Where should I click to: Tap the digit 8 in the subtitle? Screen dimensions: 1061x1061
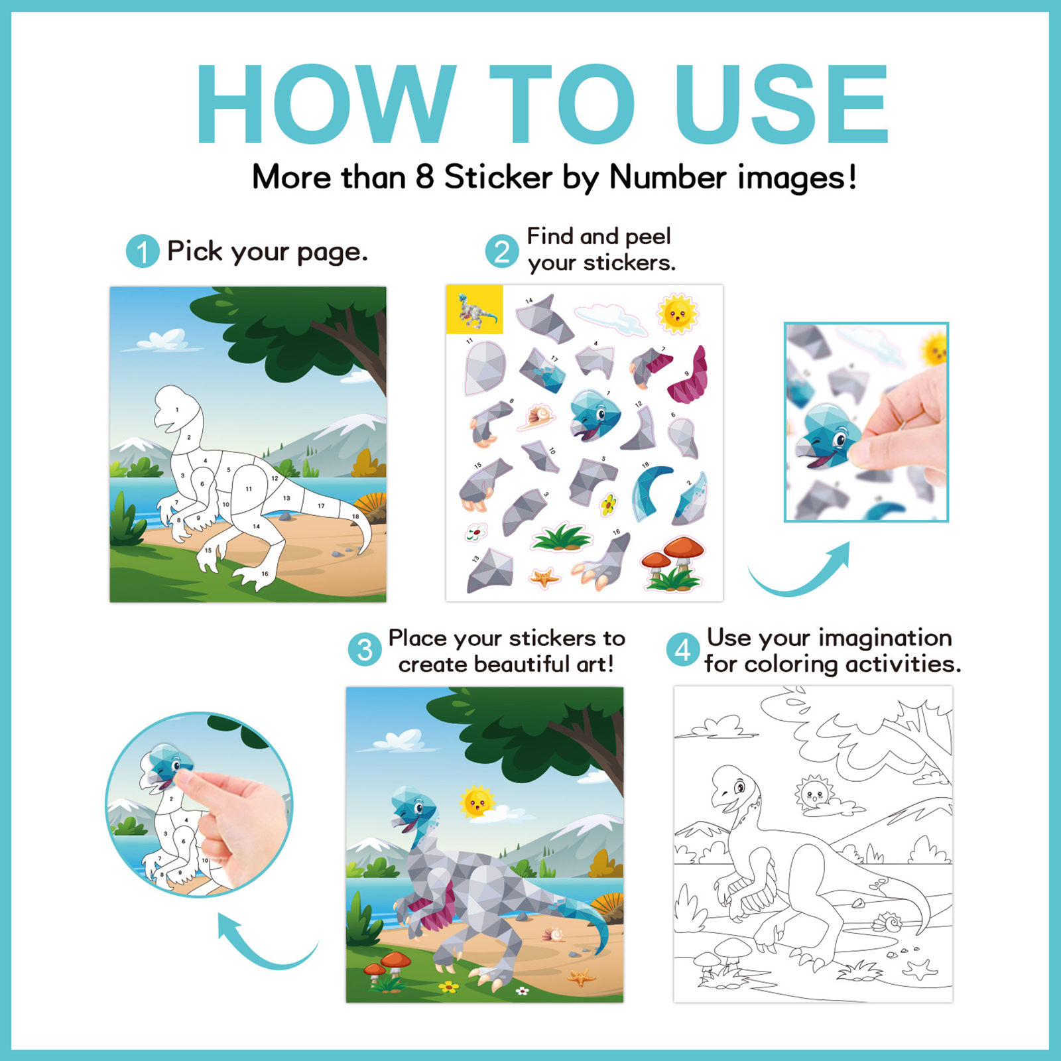(424, 177)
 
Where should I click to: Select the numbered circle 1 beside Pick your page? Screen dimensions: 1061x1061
(143, 251)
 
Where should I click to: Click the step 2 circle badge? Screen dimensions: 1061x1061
(502, 251)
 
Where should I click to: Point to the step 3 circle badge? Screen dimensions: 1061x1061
(365, 650)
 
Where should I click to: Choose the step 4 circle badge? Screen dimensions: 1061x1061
(683, 650)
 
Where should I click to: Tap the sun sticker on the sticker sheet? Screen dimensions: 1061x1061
(677, 313)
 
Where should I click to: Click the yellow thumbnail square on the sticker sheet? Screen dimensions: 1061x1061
(474, 309)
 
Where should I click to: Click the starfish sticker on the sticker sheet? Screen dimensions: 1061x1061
(545, 578)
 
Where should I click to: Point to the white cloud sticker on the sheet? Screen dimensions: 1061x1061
(610, 319)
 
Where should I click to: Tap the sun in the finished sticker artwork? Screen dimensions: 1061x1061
(477, 802)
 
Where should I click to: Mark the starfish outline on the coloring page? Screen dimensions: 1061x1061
(920, 969)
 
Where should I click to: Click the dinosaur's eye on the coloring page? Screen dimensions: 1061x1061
(739, 788)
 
